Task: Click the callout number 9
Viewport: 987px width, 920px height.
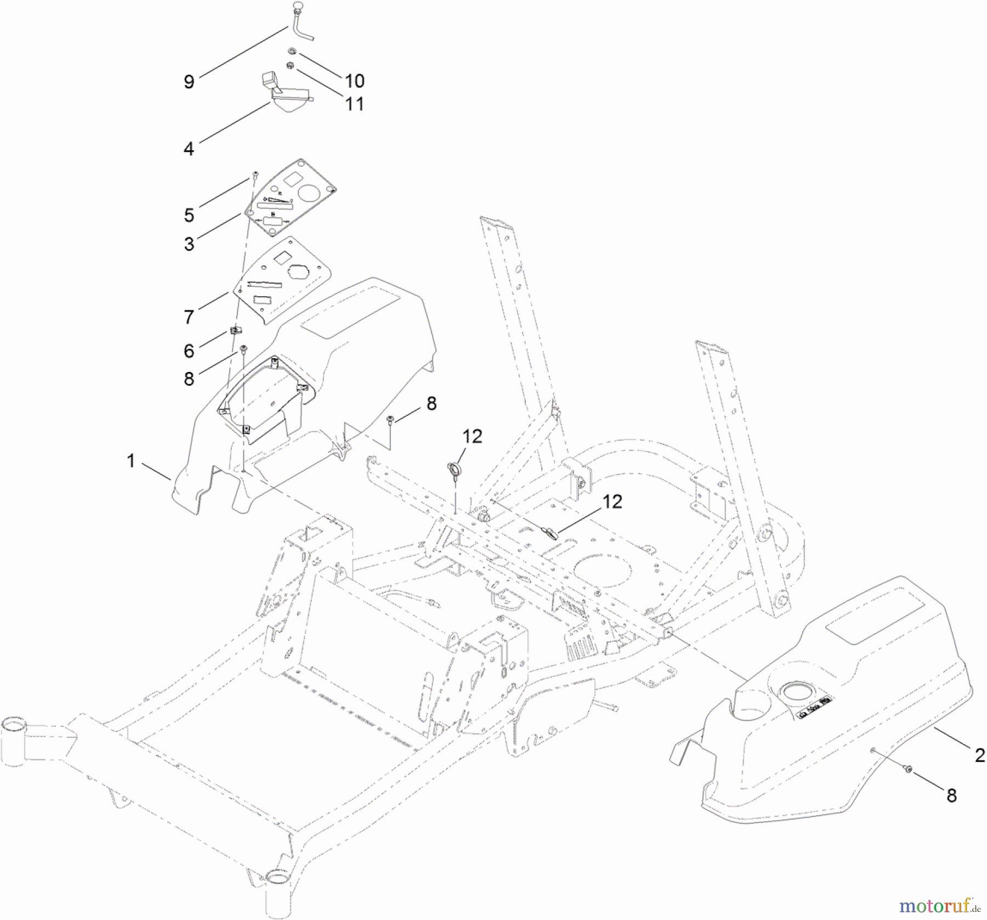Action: (189, 82)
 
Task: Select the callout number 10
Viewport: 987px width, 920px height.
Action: (354, 81)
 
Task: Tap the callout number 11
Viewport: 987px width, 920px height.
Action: (354, 104)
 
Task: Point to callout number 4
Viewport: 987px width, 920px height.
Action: (189, 148)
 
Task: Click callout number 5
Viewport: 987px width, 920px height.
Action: (189, 215)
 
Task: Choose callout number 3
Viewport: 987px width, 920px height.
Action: (189, 244)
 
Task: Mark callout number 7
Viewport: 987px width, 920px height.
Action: (189, 317)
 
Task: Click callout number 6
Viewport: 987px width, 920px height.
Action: (189, 351)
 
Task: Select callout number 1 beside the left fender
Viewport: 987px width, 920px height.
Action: (131, 461)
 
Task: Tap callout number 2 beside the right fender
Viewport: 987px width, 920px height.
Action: (979, 757)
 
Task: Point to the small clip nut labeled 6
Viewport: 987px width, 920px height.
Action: (235, 331)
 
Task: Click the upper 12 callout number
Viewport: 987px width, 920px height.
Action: (472, 437)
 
